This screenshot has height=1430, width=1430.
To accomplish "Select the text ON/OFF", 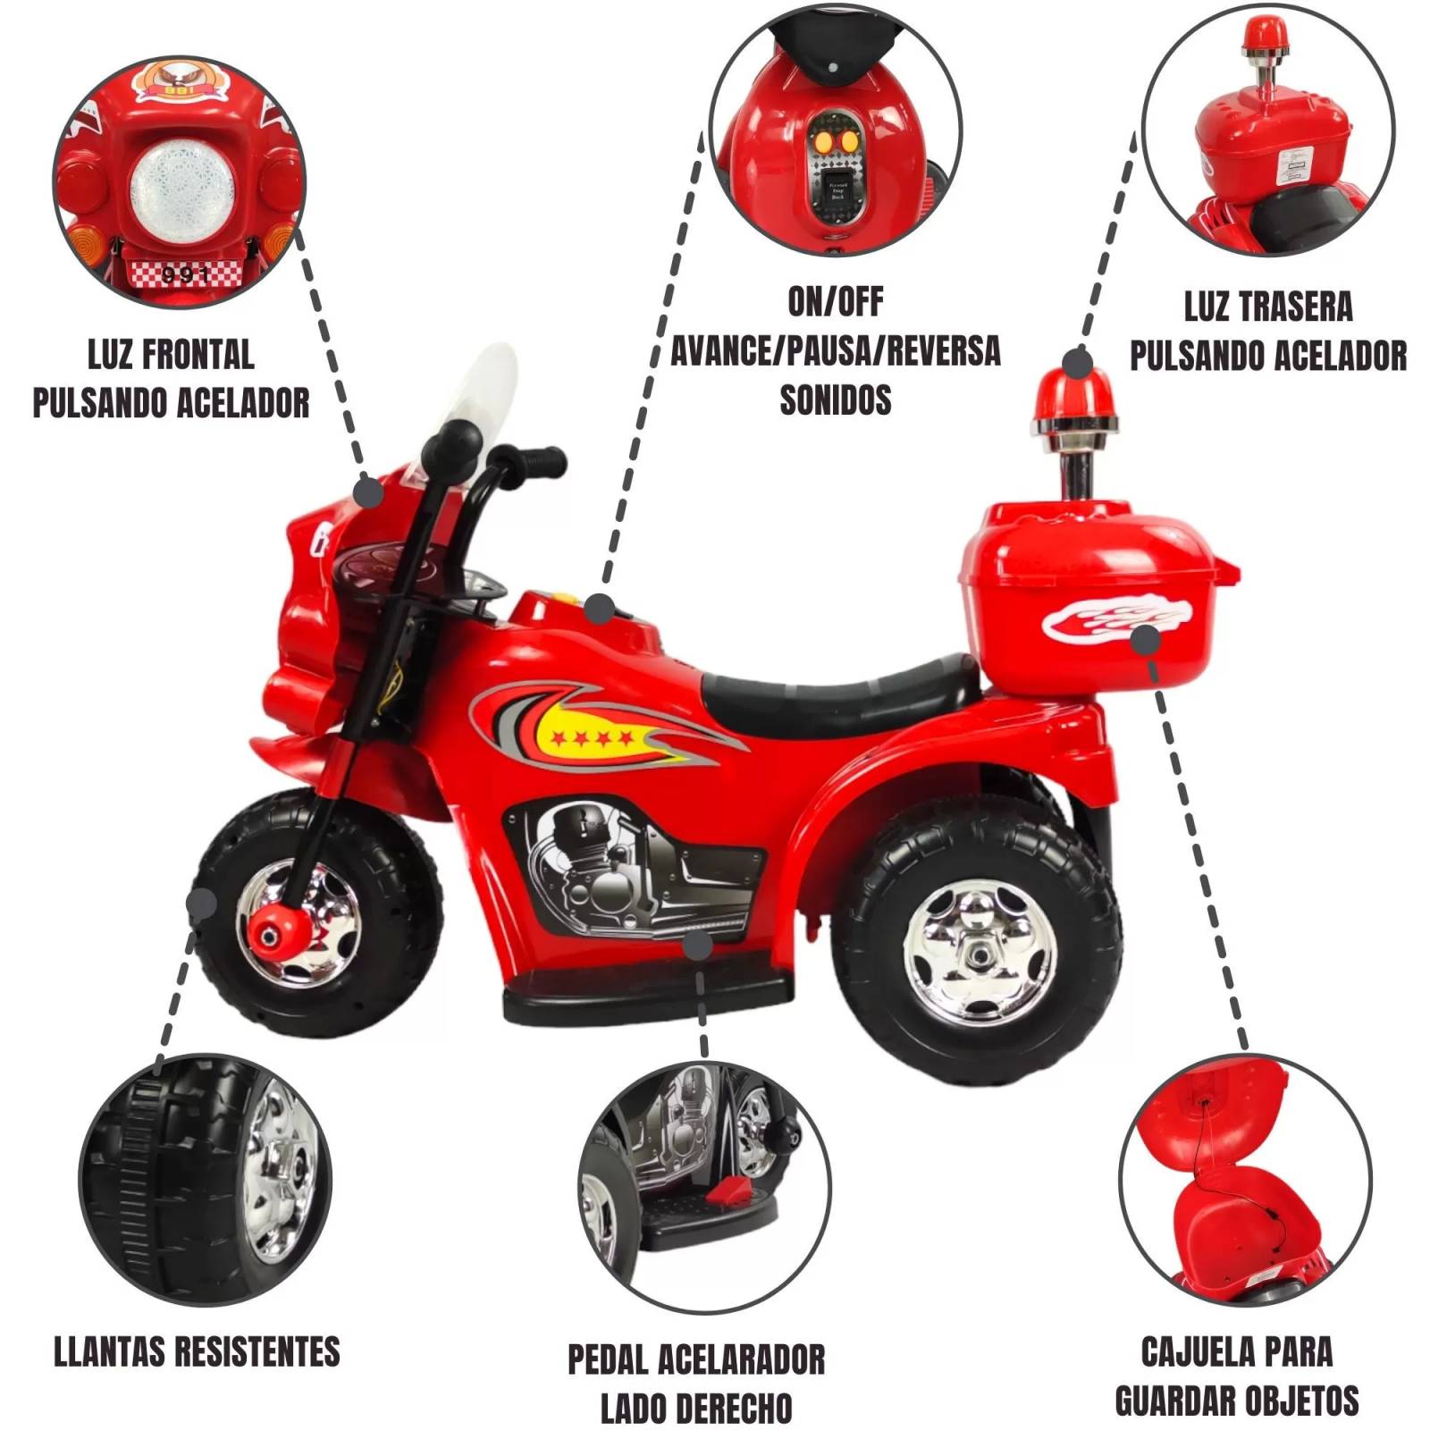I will tap(835, 303).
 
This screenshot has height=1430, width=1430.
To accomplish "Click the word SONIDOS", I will tap(835, 400).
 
